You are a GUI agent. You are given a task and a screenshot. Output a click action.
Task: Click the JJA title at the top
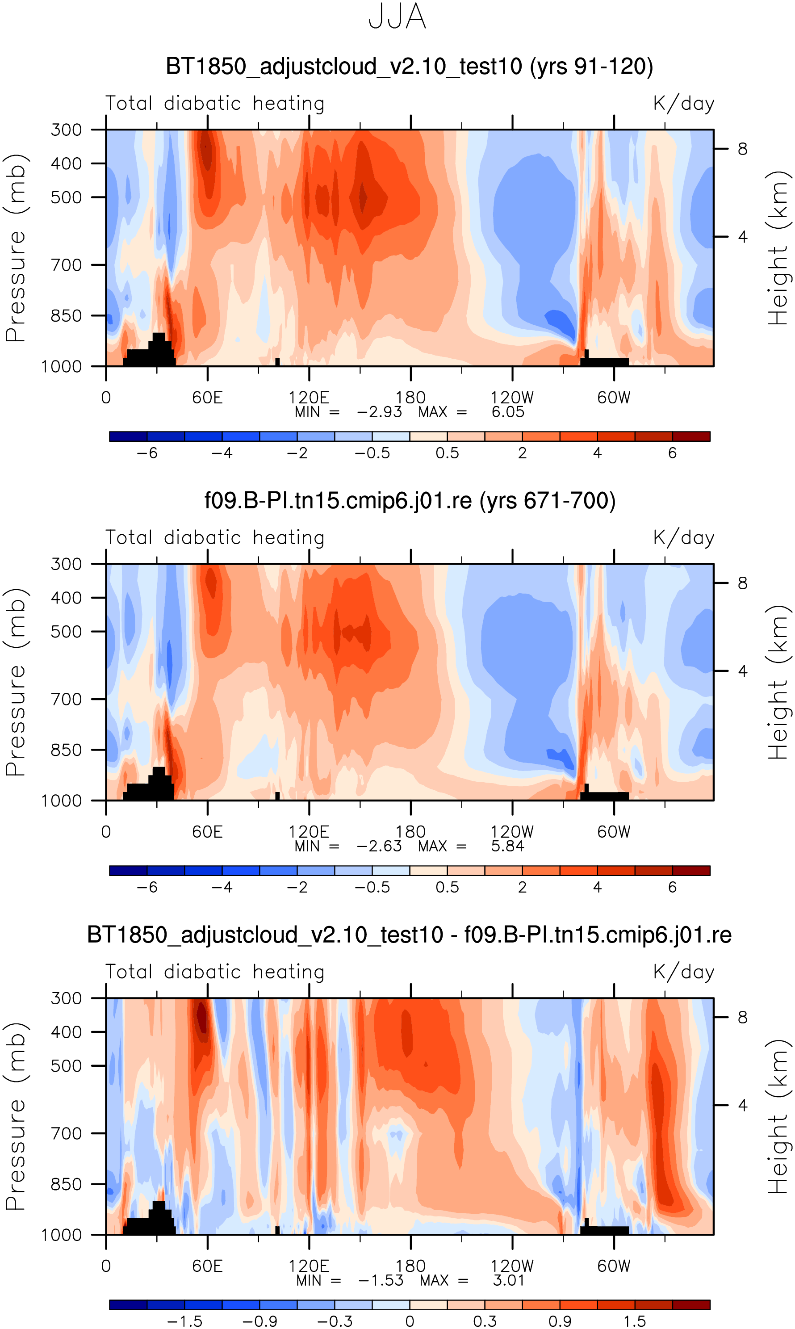[397, 17]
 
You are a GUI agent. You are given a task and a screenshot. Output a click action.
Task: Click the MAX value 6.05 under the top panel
[507, 412]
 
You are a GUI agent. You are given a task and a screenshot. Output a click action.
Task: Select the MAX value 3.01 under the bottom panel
[508, 1280]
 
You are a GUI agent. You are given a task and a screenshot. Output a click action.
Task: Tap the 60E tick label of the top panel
[207, 398]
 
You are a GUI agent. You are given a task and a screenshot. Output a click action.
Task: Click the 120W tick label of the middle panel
[512, 832]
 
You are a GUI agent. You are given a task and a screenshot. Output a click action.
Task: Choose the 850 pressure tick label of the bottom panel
[67, 1184]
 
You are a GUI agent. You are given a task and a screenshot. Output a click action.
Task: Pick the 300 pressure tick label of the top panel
[67, 130]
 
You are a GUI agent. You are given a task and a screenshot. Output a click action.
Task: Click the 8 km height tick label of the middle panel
[742, 583]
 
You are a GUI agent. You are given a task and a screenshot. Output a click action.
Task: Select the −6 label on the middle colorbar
[147, 887]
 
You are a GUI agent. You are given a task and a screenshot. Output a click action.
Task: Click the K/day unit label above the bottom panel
[684, 972]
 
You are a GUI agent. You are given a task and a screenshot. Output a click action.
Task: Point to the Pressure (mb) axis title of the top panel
[16, 247]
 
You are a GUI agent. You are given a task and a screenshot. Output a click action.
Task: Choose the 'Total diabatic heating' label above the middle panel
[215, 537]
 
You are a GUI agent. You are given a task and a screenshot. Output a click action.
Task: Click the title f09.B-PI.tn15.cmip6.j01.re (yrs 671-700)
[410, 500]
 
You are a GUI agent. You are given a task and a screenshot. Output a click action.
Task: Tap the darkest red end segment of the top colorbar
[691, 436]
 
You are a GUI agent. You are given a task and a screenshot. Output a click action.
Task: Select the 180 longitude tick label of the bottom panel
[410, 1266]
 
